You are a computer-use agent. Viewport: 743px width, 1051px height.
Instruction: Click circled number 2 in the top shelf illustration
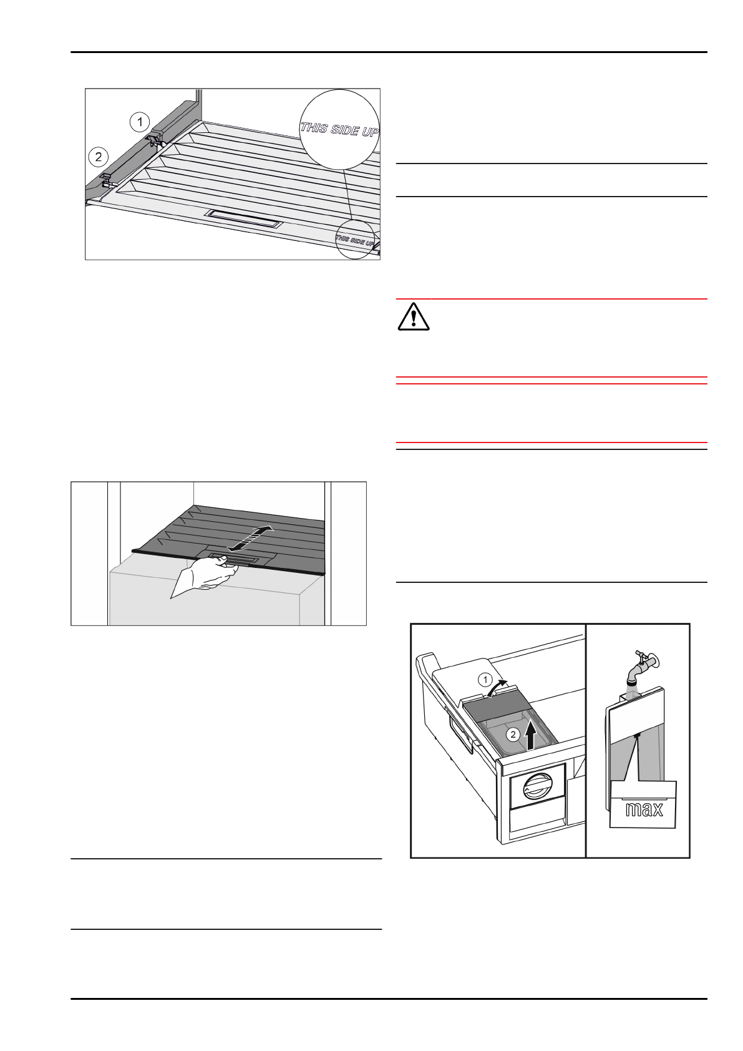tap(98, 157)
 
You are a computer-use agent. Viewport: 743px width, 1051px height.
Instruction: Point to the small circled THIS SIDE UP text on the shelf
tap(355, 239)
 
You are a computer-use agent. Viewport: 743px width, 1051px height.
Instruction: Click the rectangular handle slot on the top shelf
tap(244, 218)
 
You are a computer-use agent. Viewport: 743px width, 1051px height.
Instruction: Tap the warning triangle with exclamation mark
tap(414, 316)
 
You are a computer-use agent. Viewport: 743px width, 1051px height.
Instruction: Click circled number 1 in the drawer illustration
tap(485, 678)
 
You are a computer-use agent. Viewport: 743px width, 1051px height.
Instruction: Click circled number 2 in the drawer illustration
tap(512, 735)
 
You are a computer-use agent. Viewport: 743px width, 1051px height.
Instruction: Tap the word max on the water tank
tap(644, 809)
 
